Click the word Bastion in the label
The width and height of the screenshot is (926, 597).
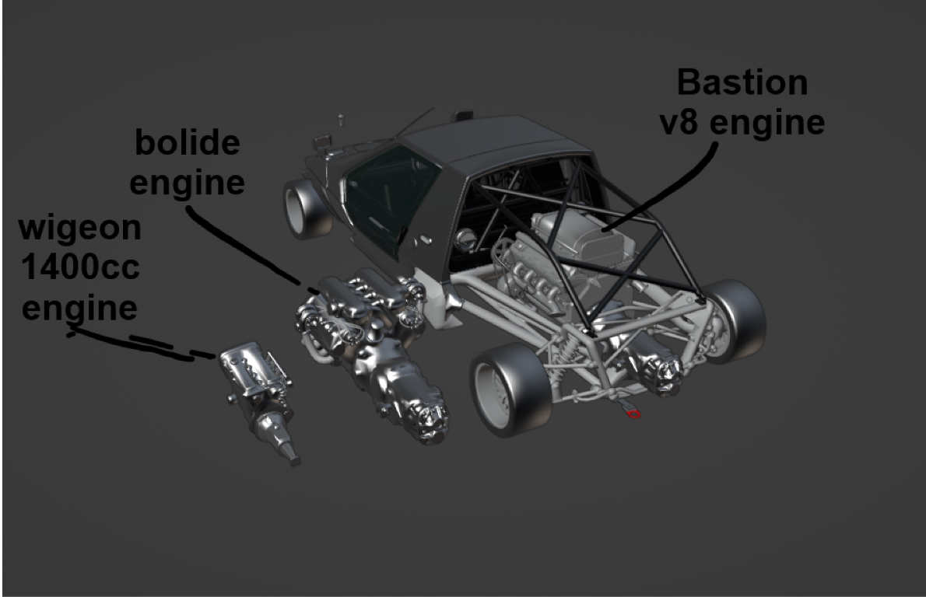pyautogui.click(x=742, y=82)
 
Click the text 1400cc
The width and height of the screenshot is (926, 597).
pyautogui.click(x=80, y=268)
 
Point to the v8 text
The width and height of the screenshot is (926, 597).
pyautogui.click(x=684, y=124)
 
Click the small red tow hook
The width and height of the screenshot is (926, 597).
pyautogui.click(x=633, y=414)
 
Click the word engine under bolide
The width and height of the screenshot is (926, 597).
pyautogui.click(x=187, y=183)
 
